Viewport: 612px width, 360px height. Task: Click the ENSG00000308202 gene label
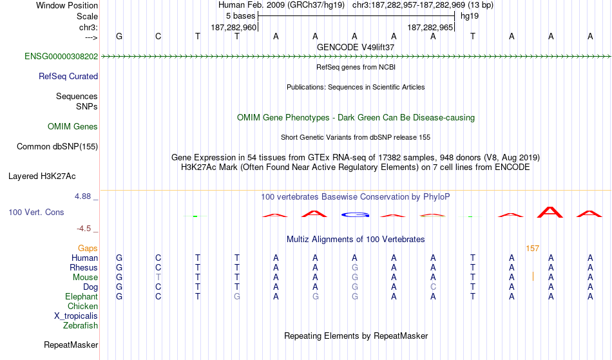[x=61, y=56]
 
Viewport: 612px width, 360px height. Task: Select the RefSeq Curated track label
[x=68, y=76]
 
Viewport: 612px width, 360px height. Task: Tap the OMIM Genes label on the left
[x=73, y=126]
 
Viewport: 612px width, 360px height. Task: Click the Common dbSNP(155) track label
[x=57, y=147]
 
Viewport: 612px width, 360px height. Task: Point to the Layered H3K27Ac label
[x=42, y=176]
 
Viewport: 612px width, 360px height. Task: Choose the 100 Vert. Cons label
[x=36, y=212]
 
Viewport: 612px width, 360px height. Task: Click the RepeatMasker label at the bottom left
[x=71, y=345]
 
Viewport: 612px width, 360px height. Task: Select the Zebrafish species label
[x=81, y=325]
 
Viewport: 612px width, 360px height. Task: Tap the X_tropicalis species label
[x=76, y=316]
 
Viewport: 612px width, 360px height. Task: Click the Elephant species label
[x=82, y=296]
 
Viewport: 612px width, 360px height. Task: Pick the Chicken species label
[x=82, y=306]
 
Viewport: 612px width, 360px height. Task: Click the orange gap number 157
[x=532, y=249]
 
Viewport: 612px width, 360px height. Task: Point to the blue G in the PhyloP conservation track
[x=355, y=215]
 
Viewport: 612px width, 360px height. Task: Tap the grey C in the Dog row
[x=434, y=287]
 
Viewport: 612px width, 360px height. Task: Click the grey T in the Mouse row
[x=158, y=278]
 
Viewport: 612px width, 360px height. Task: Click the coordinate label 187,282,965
[x=430, y=27]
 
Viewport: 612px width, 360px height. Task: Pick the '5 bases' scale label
[x=240, y=16]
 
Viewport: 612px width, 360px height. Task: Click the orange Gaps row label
[x=88, y=249]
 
